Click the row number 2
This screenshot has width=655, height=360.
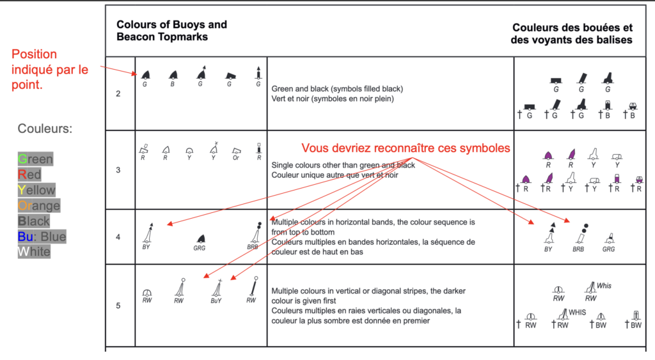coord(118,94)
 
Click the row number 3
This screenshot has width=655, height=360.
coord(118,170)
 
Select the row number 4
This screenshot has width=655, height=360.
coord(118,237)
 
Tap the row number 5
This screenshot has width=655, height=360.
coord(118,306)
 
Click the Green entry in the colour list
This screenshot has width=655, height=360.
coord(35,159)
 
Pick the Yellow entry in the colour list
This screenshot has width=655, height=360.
coord(36,190)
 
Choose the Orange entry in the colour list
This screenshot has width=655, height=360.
coord(39,205)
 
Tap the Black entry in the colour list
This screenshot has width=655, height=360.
coord(34,221)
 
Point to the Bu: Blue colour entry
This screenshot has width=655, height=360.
coord(42,237)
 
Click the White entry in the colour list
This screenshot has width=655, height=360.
coord(34,251)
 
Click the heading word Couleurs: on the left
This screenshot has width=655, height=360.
coord(45,129)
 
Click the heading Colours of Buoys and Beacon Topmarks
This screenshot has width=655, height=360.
coord(171,31)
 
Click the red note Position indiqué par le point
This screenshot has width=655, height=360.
coord(50,69)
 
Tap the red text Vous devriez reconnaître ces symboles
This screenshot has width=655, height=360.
coord(406,148)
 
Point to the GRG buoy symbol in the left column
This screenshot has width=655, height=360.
coord(200,239)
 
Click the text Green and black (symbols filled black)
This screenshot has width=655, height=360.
coord(337,89)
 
